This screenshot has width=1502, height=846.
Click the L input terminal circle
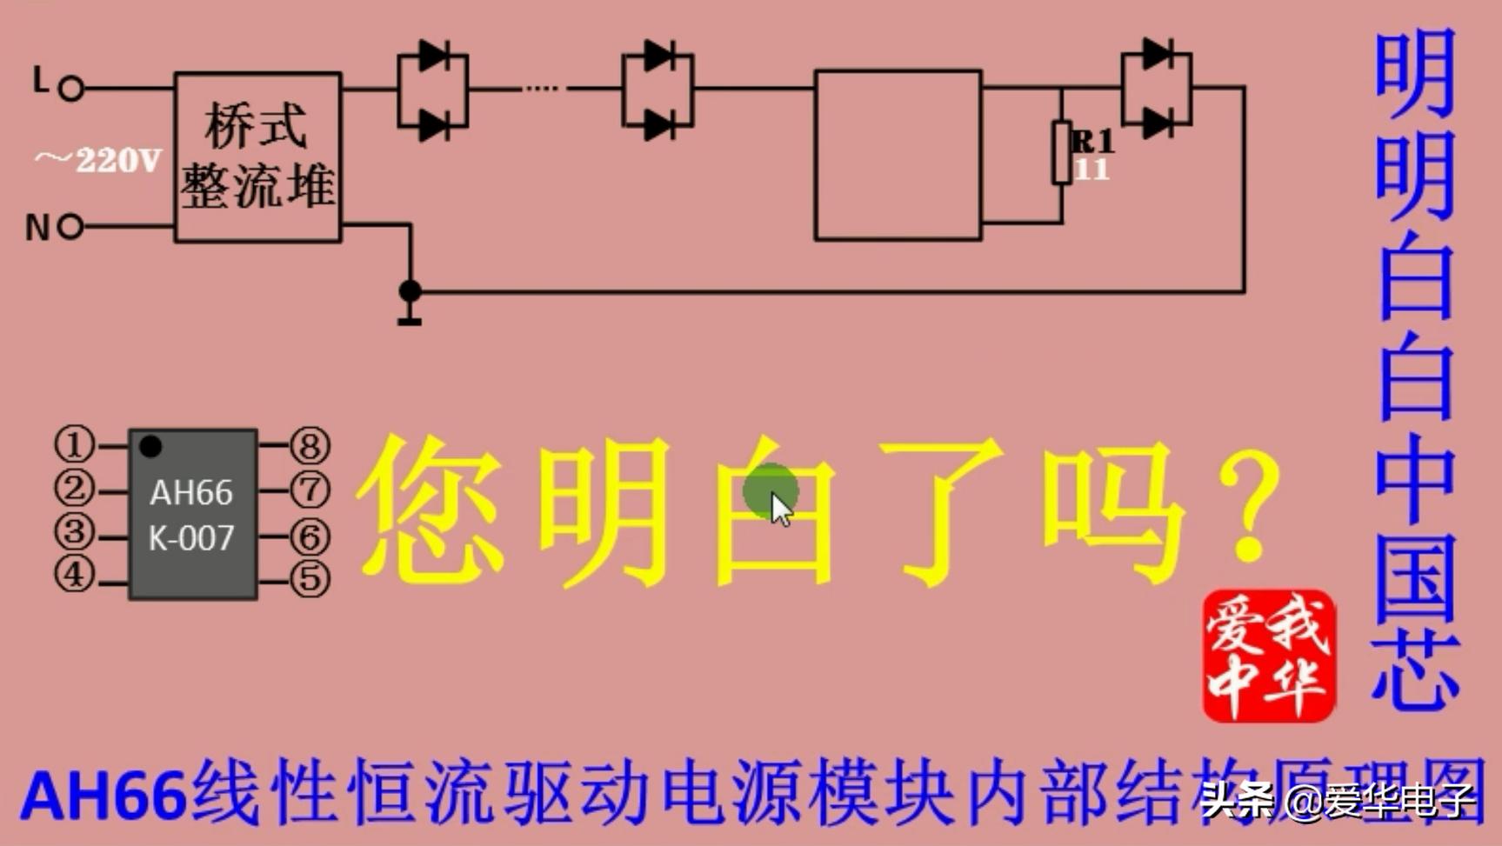pyautogui.click(x=71, y=88)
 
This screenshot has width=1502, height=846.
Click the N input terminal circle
pyautogui.click(x=70, y=227)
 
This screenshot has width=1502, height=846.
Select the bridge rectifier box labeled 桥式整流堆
pyautogui.click(x=257, y=157)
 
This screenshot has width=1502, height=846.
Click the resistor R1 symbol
pyautogui.click(x=1061, y=153)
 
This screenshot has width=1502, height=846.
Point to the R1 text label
pyautogui.click(x=1092, y=141)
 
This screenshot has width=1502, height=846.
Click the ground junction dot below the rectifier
pyautogui.click(x=410, y=291)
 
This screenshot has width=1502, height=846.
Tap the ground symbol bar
pyautogui.click(x=410, y=322)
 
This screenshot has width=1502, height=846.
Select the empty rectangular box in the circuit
pyautogui.click(x=898, y=155)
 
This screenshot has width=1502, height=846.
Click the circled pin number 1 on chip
pyautogui.click(x=75, y=443)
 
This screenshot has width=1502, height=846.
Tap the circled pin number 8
pyautogui.click(x=310, y=445)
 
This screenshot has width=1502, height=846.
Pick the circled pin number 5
pyautogui.click(x=310, y=579)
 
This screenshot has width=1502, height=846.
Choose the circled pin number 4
pyautogui.click(x=75, y=574)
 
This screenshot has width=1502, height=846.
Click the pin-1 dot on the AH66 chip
pyautogui.click(x=150, y=446)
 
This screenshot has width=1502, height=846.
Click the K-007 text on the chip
pyautogui.click(x=191, y=539)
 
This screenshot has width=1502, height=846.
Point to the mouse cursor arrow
pyautogui.click(x=780, y=509)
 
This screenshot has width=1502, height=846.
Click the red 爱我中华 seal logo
pyautogui.click(x=1268, y=656)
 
